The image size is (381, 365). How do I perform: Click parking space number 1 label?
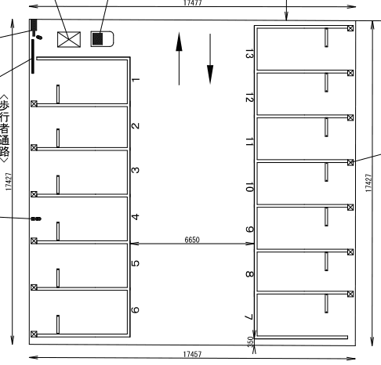tap(136, 80)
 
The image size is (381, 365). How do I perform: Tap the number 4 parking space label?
tap(136, 217)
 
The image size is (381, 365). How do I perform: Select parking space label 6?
tap(135, 310)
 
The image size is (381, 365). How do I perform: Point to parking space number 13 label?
tap(249, 56)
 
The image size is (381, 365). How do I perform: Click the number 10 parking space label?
tap(249, 187)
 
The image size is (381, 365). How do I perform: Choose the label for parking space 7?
tap(249, 317)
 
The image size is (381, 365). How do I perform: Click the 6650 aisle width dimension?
tap(192, 240)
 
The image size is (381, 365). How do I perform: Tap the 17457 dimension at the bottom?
tap(192, 354)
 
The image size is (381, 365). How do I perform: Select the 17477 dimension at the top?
tap(193, 3)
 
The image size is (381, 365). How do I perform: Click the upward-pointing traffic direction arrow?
tap(179, 59)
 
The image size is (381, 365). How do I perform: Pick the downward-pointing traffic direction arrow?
tap(210, 59)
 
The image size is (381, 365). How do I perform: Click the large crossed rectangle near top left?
tap(69, 39)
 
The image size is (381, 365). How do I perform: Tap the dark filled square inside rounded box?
tap(98, 39)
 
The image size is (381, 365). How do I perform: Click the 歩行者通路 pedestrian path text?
tap(5, 128)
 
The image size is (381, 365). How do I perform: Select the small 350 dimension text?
tap(250, 342)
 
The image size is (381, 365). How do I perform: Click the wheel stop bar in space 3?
tap(58, 185)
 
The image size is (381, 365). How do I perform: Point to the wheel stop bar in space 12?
tap(326, 82)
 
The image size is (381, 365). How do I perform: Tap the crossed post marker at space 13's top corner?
tap(350, 28)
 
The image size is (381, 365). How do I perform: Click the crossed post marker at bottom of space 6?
tap(34, 334)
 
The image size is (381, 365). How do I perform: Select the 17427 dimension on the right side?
tap(368, 183)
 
